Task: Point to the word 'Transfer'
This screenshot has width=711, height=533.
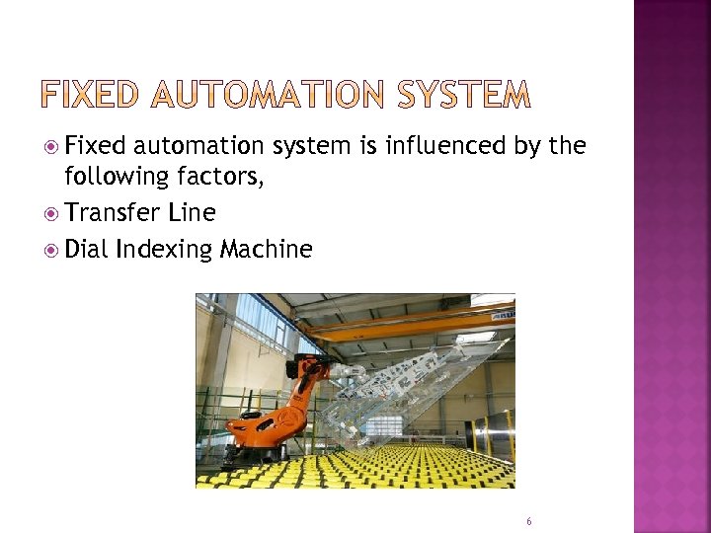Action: pyautogui.click(x=109, y=213)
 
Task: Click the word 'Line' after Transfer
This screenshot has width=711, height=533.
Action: pyautogui.click(x=193, y=213)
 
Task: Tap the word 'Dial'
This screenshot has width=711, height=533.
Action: pyautogui.click(x=86, y=249)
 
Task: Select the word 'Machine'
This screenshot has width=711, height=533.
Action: pyautogui.click(x=266, y=249)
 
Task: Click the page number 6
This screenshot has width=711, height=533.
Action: pyautogui.click(x=529, y=520)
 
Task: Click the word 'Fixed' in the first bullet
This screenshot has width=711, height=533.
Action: pyautogui.click(x=96, y=147)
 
